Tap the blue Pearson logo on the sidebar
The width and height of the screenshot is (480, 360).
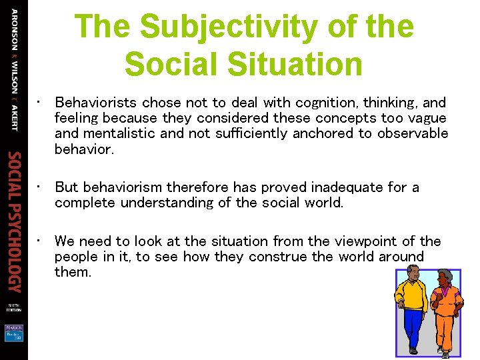coord(14,331)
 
